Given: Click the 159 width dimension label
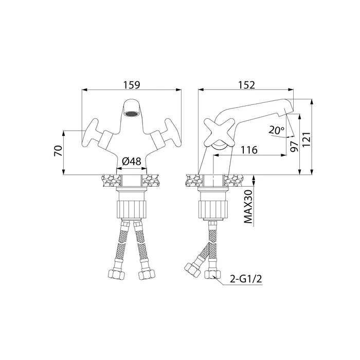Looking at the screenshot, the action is pos(132,85).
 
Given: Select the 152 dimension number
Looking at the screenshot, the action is pos(246,85).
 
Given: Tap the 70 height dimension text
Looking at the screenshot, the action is pos(58,151).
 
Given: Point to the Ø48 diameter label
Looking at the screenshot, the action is pos(131,161).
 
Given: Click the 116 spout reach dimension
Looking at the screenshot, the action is pos(249,150).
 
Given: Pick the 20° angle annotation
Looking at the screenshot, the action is pos(277,131).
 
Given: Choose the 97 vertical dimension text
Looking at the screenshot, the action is pos(294,147).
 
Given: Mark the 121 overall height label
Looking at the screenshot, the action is pos(307,139).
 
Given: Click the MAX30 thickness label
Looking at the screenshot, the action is pos(248,207).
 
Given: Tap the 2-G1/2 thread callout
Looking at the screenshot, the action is pos(246,279).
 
